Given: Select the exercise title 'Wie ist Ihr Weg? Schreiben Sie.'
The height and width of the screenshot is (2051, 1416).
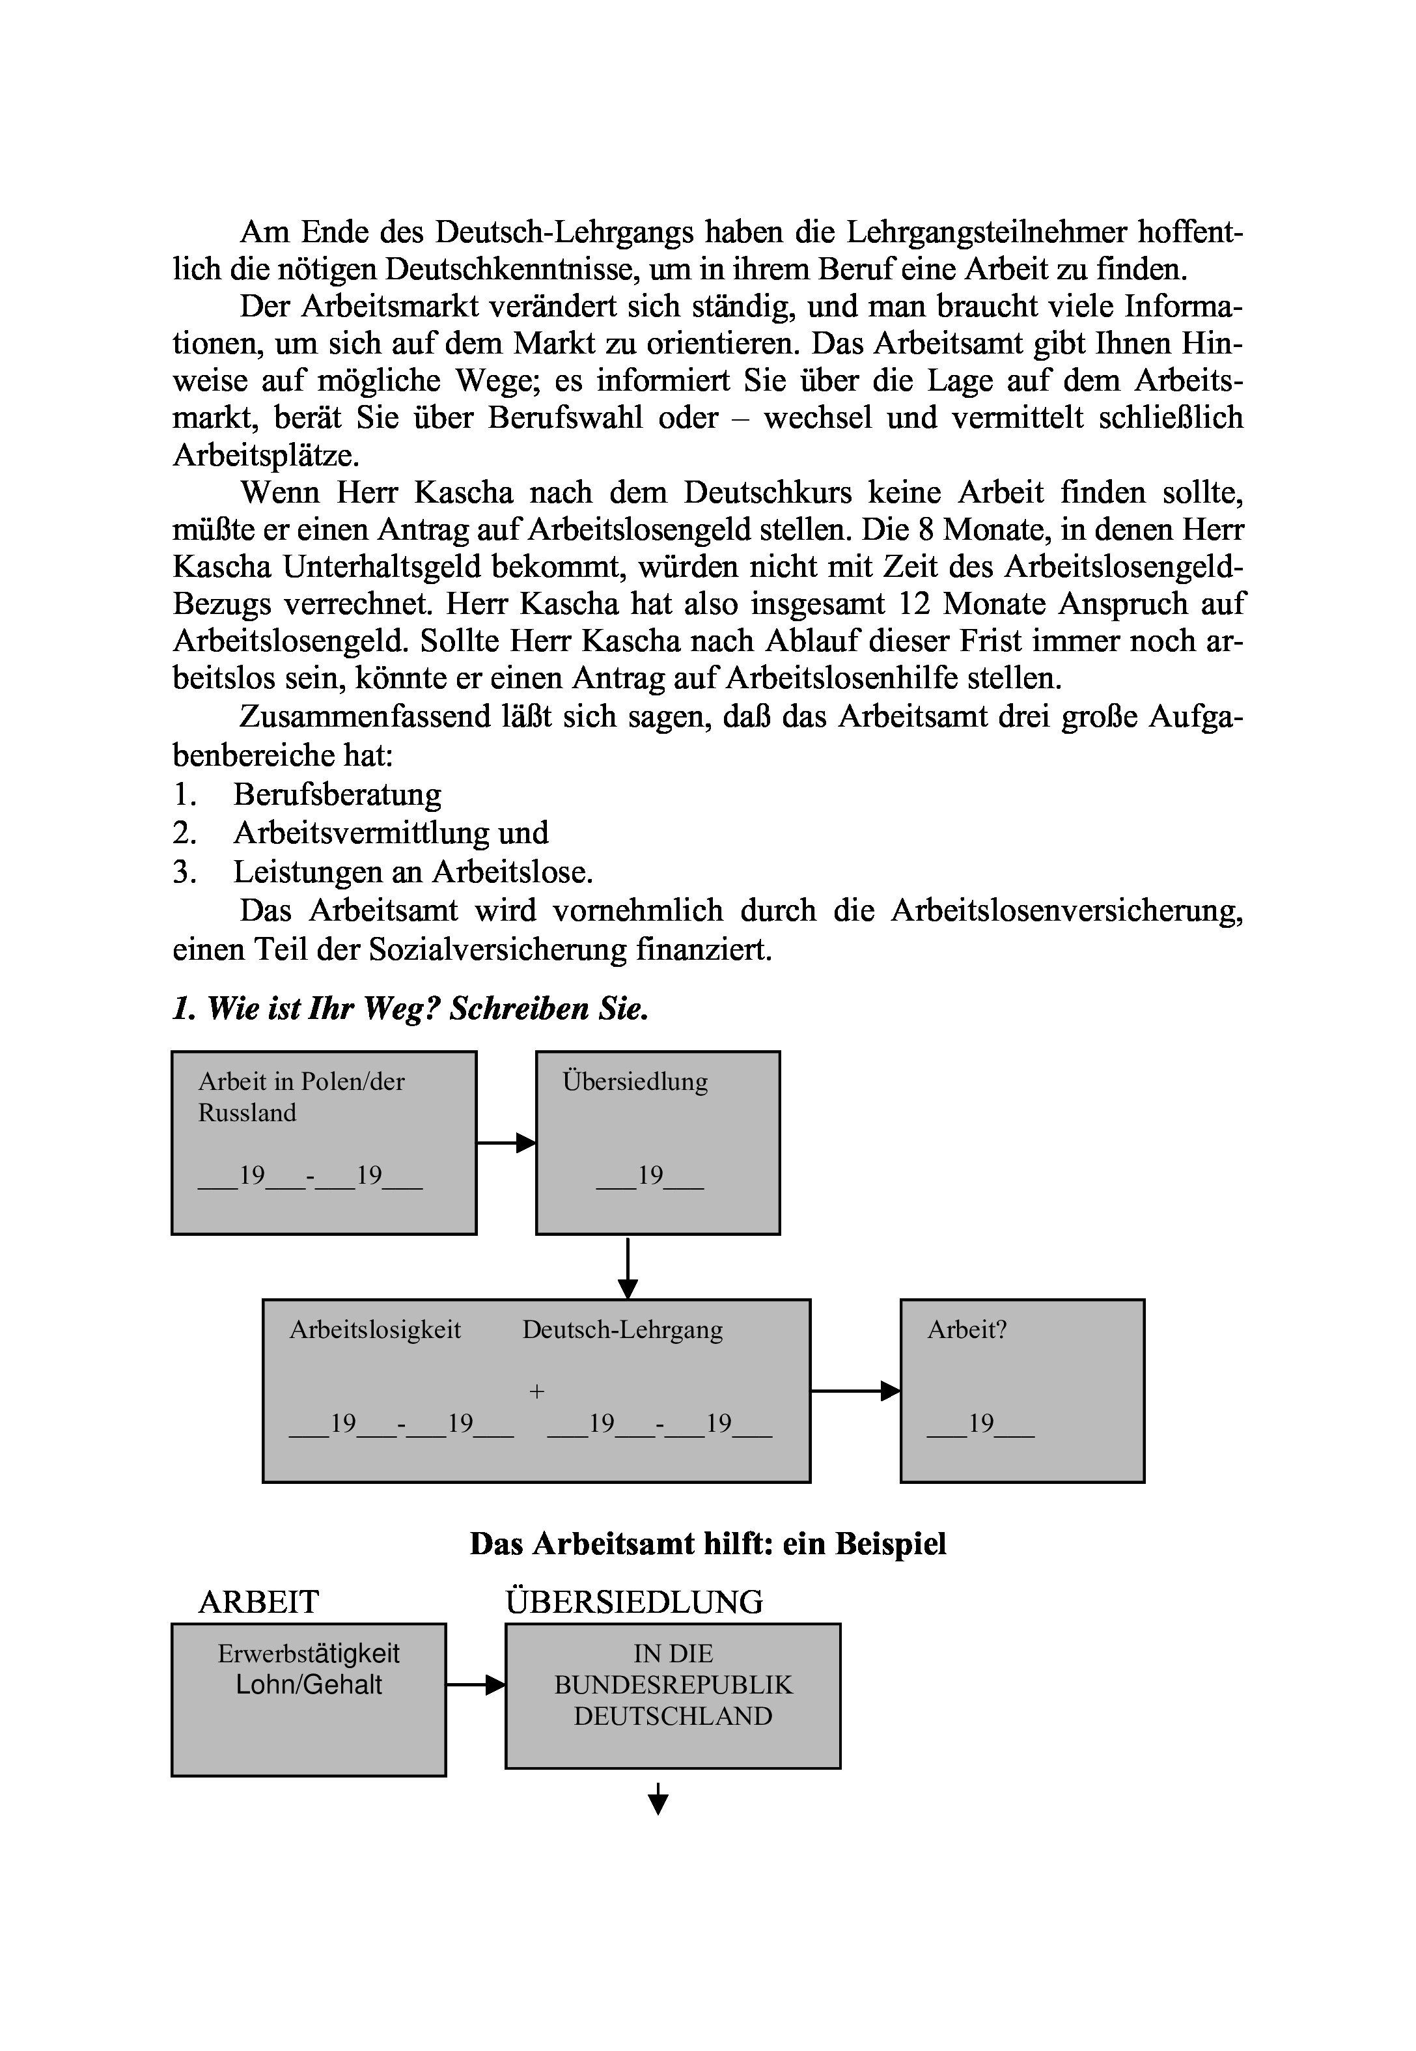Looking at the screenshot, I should (x=411, y=1008).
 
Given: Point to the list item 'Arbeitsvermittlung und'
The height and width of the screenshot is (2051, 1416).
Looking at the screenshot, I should (x=391, y=832).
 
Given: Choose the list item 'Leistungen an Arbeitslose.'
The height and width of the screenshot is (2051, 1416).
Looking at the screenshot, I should (x=413, y=871).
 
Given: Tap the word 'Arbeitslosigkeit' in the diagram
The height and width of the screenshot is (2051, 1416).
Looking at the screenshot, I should (x=375, y=1329).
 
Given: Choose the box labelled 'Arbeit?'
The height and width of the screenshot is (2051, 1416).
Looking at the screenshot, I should (x=1022, y=1390).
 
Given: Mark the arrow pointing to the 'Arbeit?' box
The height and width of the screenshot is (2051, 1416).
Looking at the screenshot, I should (x=854, y=1390).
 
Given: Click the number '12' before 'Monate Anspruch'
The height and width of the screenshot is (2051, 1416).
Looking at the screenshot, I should (x=915, y=603).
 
